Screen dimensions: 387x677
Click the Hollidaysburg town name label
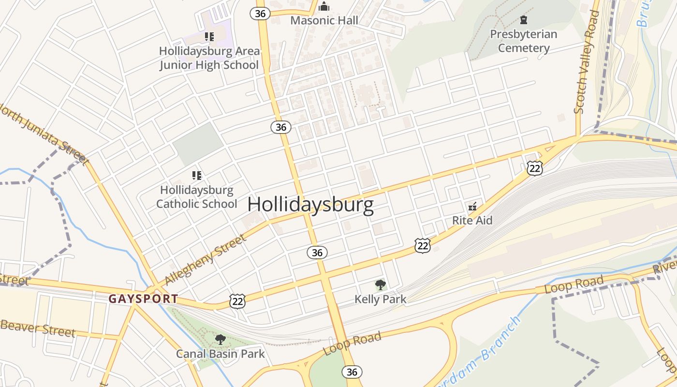310,205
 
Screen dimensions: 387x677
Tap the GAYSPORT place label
143,299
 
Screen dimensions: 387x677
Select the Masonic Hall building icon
324,7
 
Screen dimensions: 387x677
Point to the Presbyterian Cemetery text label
524,41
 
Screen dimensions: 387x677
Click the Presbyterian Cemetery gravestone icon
523,20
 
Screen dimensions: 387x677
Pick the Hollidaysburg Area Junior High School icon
209,37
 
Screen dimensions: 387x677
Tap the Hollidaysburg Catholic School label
197,197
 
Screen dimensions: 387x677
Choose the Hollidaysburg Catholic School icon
196,175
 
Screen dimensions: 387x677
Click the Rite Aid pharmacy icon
472,207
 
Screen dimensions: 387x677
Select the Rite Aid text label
472,221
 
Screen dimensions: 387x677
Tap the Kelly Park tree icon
381,285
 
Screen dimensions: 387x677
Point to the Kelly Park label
381,299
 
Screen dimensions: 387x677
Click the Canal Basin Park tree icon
221,340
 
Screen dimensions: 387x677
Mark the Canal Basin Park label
221,354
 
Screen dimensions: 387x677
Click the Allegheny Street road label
206,260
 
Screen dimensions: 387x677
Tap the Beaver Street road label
38,328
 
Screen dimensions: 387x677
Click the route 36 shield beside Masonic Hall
260,14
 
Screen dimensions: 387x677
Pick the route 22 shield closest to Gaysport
237,301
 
